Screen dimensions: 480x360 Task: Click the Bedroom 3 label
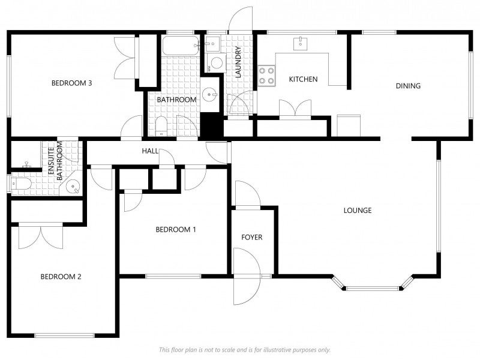pyautogui.click(x=71, y=83)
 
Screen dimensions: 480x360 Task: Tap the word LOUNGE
pyautogui.click(x=358, y=211)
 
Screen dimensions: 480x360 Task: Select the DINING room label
pyautogui.click(x=408, y=86)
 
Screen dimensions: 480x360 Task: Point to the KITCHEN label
pyautogui.click(x=304, y=79)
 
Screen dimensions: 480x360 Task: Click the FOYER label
pyautogui.click(x=251, y=237)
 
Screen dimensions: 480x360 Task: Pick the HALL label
pyautogui.click(x=150, y=151)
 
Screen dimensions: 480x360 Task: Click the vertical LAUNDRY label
pyautogui.click(x=238, y=62)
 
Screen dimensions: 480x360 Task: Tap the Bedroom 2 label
pyautogui.click(x=61, y=277)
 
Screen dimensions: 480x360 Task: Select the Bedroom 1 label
pyautogui.click(x=176, y=230)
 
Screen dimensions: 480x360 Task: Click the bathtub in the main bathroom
pyautogui.click(x=181, y=46)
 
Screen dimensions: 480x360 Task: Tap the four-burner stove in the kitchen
pyautogui.click(x=266, y=76)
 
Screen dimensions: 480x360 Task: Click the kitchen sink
pyautogui.click(x=301, y=43)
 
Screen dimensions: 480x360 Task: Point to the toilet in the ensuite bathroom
pyautogui.click(x=21, y=184)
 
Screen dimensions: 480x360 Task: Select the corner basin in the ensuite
pyautogui.click(x=73, y=186)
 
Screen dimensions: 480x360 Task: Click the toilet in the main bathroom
pyautogui.click(x=161, y=126)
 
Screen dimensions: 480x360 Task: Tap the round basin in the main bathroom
pyautogui.click(x=210, y=94)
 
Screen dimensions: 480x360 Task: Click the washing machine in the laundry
pyautogui.click(x=217, y=63)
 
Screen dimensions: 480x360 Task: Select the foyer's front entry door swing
pyautogui.click(x=247, y=276)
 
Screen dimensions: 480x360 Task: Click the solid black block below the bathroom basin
pyautogui.click(x=212, y=125)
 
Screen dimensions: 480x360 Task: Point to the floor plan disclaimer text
pyautogui.click(x=245, y=350)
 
